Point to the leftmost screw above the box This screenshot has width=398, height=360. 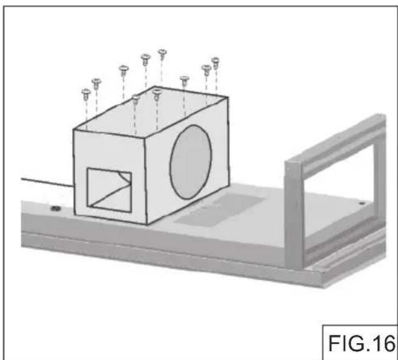[x=86, y=94]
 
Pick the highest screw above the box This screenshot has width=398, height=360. [x=162, y=54]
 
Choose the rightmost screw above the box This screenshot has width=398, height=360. [x=214, y=61]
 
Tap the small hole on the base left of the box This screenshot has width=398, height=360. [x=55, y=208]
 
